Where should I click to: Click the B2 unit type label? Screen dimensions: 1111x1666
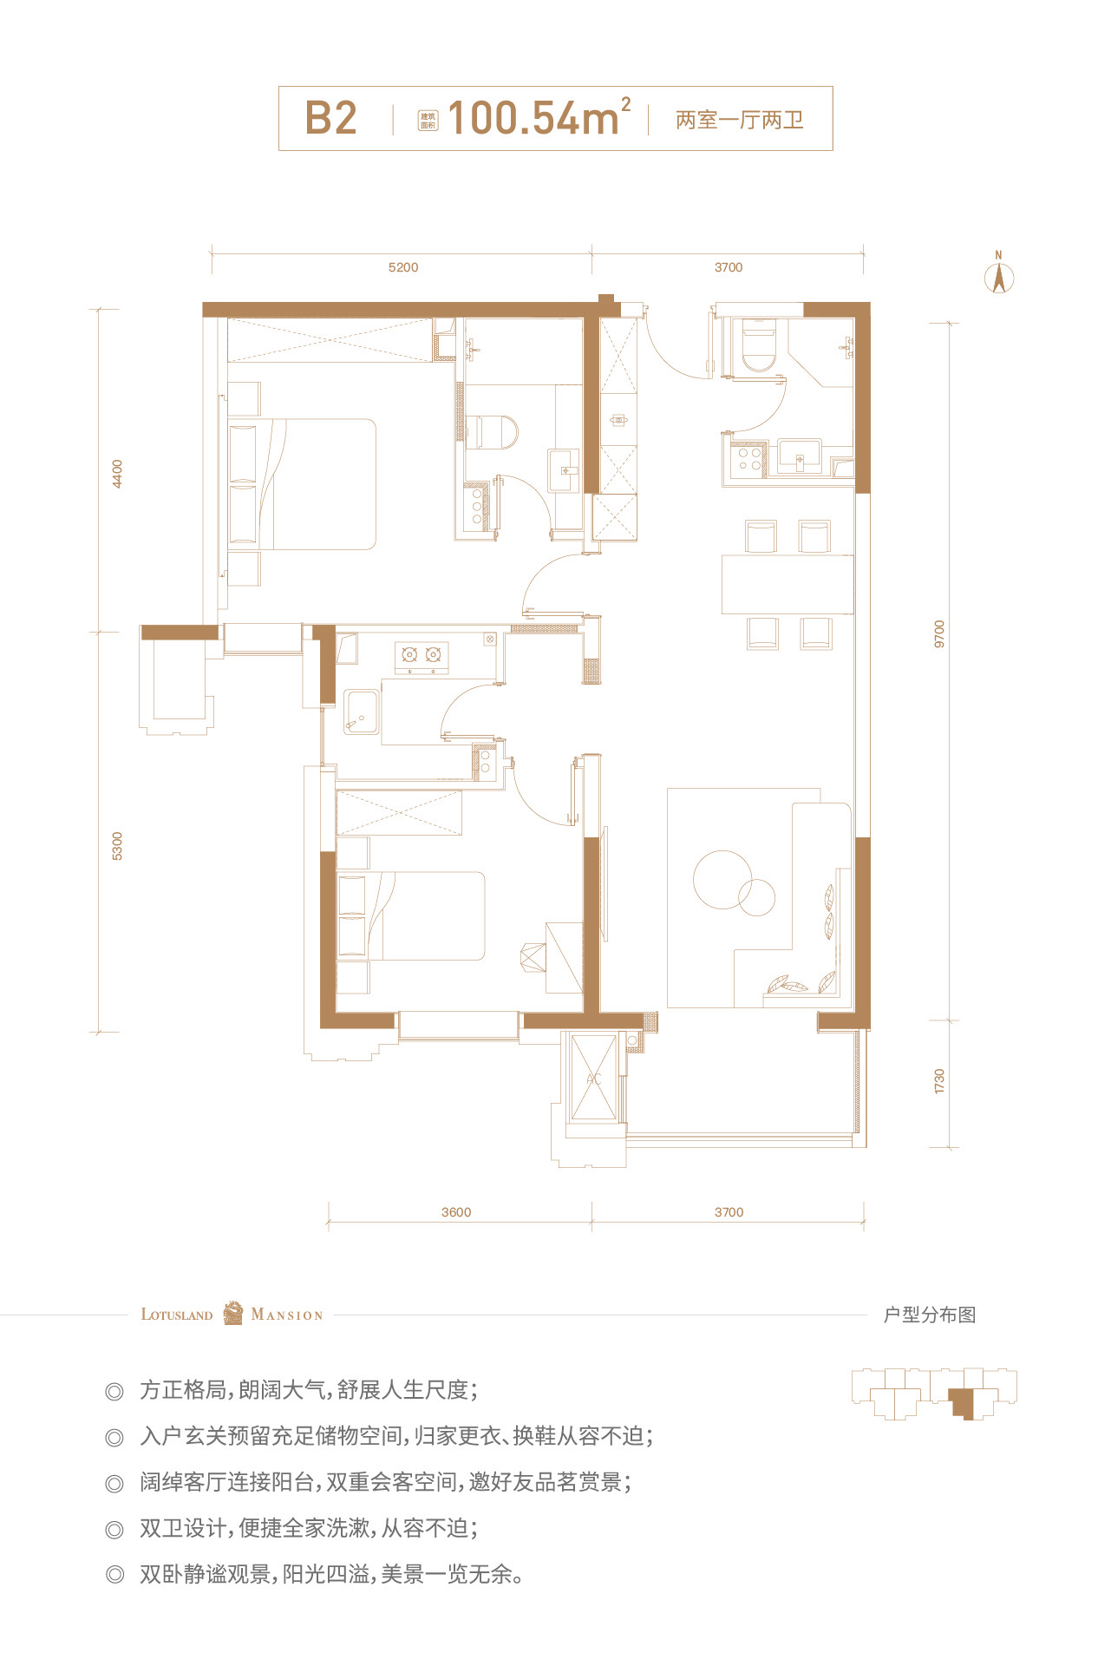point(330,118)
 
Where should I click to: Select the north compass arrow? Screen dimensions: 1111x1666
point(999,273)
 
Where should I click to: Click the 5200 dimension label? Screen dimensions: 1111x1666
point(403,267)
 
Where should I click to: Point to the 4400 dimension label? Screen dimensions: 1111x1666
point(118,474)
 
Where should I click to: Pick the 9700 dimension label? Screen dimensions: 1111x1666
point(939,634)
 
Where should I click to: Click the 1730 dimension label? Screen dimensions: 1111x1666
point(939,1081)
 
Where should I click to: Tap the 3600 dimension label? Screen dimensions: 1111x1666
point(456,1212)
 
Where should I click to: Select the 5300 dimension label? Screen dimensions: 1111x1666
point(118,846)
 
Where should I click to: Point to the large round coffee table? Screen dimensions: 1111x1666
point(722,879)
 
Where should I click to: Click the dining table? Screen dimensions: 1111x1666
point(788,584)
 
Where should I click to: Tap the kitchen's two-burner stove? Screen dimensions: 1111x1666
point(422,657)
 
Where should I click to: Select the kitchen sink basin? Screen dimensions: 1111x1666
point(362,712)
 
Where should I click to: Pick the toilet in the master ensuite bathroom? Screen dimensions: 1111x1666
point(491,431)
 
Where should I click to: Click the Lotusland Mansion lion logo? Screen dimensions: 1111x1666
point(232,1314)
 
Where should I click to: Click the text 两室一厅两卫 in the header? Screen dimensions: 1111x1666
point(740,120)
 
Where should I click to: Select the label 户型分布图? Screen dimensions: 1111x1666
point(930,1315)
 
